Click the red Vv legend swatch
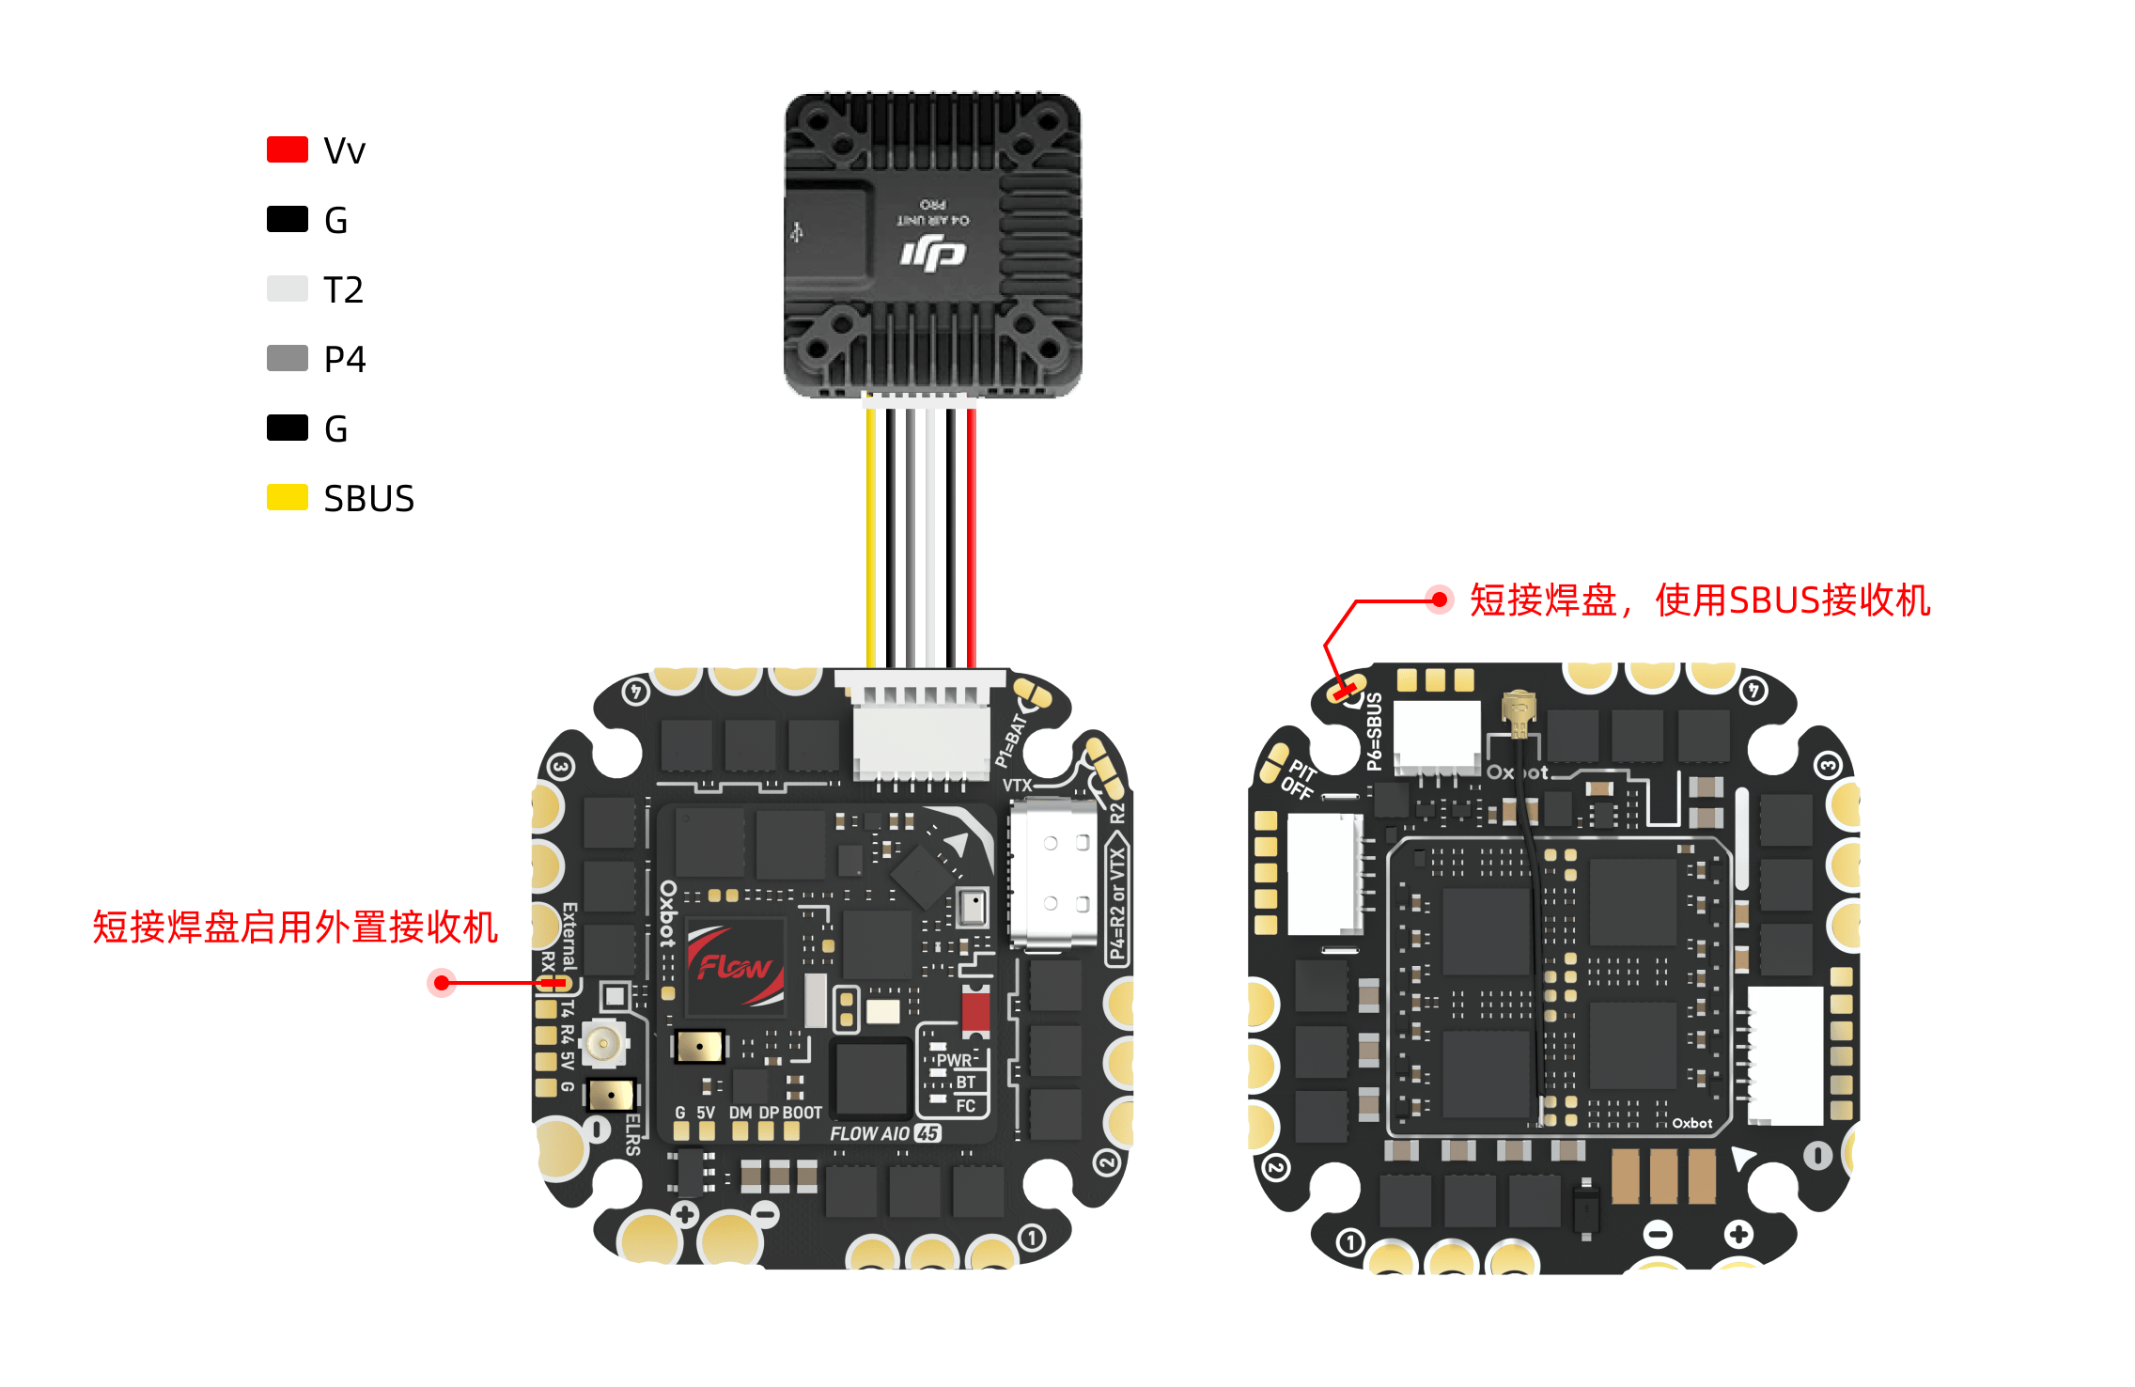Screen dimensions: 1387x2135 (x=287, y=150)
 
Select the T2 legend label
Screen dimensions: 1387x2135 (x=343, y=289)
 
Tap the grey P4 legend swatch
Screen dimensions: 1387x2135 (x=287, y=359)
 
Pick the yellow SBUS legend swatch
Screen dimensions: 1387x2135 (x=287, y=498)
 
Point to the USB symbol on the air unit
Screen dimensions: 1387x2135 (x=797, y=231)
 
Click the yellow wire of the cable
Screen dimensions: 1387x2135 (x=871, y=536)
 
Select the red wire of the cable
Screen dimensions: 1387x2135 (x=972, y=536)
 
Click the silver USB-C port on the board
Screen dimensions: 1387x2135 (x=1053, y=874)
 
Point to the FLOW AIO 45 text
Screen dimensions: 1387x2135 (x=884, y=1133)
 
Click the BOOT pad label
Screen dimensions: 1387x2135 (x=802, y=1113)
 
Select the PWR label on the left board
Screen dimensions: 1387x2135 (x=953, y=1060)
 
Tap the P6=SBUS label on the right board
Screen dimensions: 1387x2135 (x=1374, y=731)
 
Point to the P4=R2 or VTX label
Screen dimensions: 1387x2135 (x=1116, y=902)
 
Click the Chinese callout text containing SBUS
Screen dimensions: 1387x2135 (x=1699, y=600)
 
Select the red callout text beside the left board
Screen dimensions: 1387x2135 (x=295, y=927)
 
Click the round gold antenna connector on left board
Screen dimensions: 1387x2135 (x=602, y=1043)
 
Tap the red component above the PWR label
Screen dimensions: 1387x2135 (x=975, y=1011)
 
